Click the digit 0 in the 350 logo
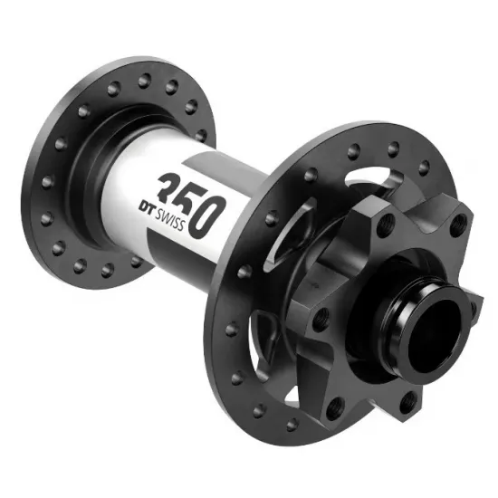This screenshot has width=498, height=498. (206, 217)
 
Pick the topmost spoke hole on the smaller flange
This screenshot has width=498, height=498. (145, 81)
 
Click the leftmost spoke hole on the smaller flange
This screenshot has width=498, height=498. (47, 182)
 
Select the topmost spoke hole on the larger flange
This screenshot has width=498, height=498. (393, 149)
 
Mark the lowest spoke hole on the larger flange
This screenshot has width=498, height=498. (292, 424)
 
